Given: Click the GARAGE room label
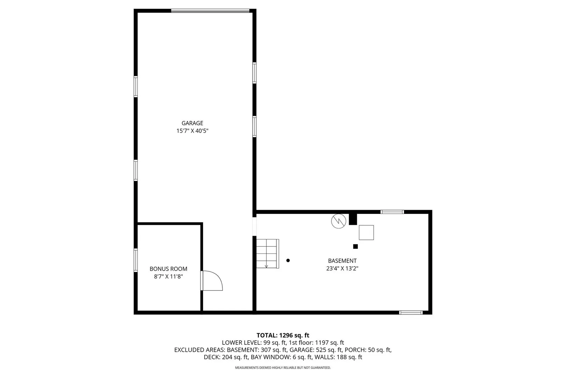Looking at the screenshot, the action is [192, 123].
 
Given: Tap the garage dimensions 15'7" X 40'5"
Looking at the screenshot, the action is [192, 131].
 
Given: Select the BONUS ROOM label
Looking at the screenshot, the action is [168, 269].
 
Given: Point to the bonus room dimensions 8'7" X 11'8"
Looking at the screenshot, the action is [168, 276].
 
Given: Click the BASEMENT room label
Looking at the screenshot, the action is [342, 261].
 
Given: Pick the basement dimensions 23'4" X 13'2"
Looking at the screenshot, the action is [342, 268].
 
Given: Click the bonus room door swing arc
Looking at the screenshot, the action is [218, 276].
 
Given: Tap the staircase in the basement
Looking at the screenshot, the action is [267, 253].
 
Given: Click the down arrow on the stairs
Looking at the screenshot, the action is [266, 265].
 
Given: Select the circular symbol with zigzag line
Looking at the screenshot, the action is [339, 221].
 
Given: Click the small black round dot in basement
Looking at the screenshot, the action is [288, 260].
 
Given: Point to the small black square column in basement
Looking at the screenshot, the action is [356, 246].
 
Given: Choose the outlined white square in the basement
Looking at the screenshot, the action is [366, 232].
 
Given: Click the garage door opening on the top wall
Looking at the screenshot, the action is [210, 10].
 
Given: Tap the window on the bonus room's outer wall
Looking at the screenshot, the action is [136, 260].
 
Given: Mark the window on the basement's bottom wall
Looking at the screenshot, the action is [411, 313].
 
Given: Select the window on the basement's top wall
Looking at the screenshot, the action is [392, 212].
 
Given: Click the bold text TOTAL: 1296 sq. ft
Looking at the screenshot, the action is [283, 335].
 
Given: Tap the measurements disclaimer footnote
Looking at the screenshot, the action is [283, 367].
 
